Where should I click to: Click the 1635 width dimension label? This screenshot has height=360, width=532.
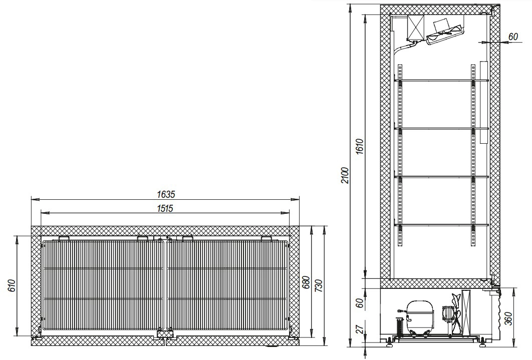click(x=166, y=194)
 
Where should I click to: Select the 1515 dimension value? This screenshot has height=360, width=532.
click(x=165, y=208)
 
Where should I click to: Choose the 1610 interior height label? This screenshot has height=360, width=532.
click(x=360, y=146)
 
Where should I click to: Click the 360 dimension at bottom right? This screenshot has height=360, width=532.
click(x=509, y=317)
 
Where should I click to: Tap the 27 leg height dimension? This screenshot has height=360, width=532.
click(x=360, y=328)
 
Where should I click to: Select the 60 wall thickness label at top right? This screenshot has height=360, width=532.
click(x=513, y=36)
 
